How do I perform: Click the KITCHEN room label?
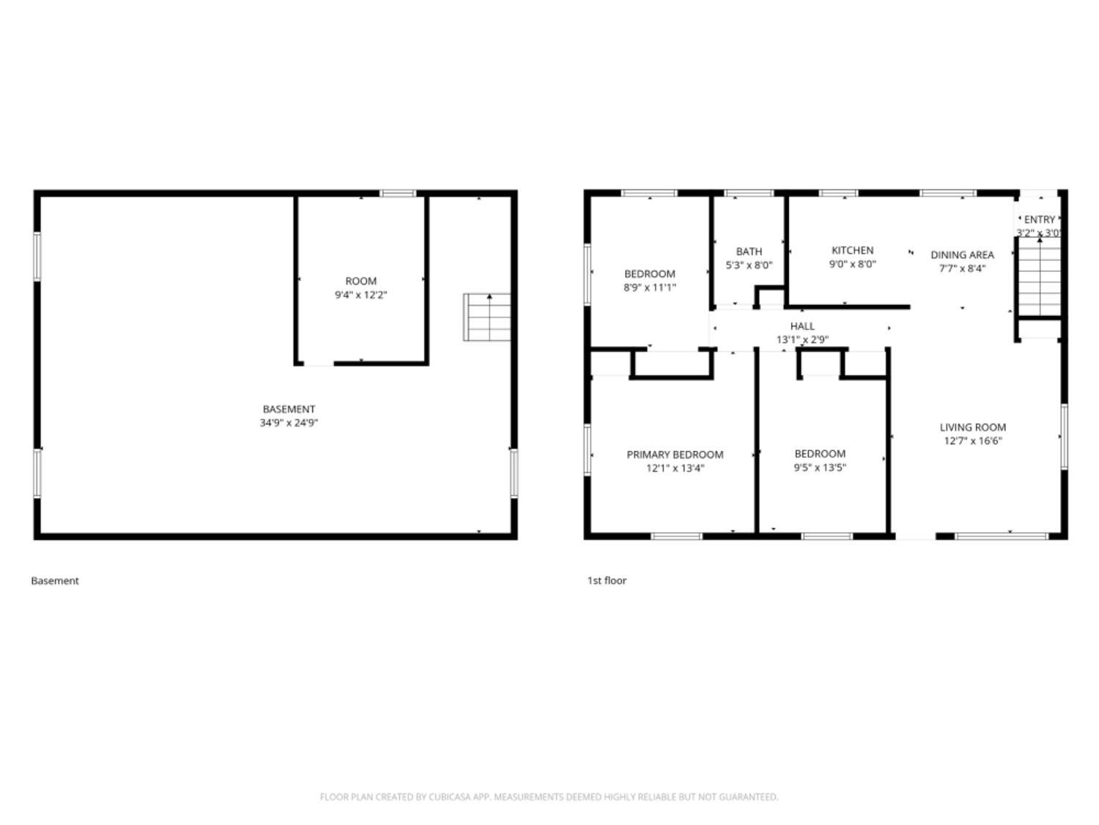[852, 250]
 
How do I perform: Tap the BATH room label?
[749, 252]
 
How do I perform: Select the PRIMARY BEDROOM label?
[675, 455]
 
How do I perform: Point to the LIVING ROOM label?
[972, 427]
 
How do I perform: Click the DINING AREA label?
[962, 254]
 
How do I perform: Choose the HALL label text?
[802, 326]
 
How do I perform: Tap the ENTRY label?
[1039, 219]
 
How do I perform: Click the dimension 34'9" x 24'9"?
[289, 423]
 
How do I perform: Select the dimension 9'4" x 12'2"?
[360, 295]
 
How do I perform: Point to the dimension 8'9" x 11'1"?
[649, 287]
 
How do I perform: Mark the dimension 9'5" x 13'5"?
[820, 468]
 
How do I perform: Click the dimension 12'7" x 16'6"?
[972, 441]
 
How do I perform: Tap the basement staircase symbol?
[486, 317]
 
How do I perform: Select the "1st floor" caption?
[607, 580]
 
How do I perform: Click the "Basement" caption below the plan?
[55, 580]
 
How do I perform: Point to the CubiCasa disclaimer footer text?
[549, 797]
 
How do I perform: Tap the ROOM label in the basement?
[360, 281]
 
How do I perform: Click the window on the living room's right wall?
[1064, 436]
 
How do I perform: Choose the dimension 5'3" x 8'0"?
[749, 265]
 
